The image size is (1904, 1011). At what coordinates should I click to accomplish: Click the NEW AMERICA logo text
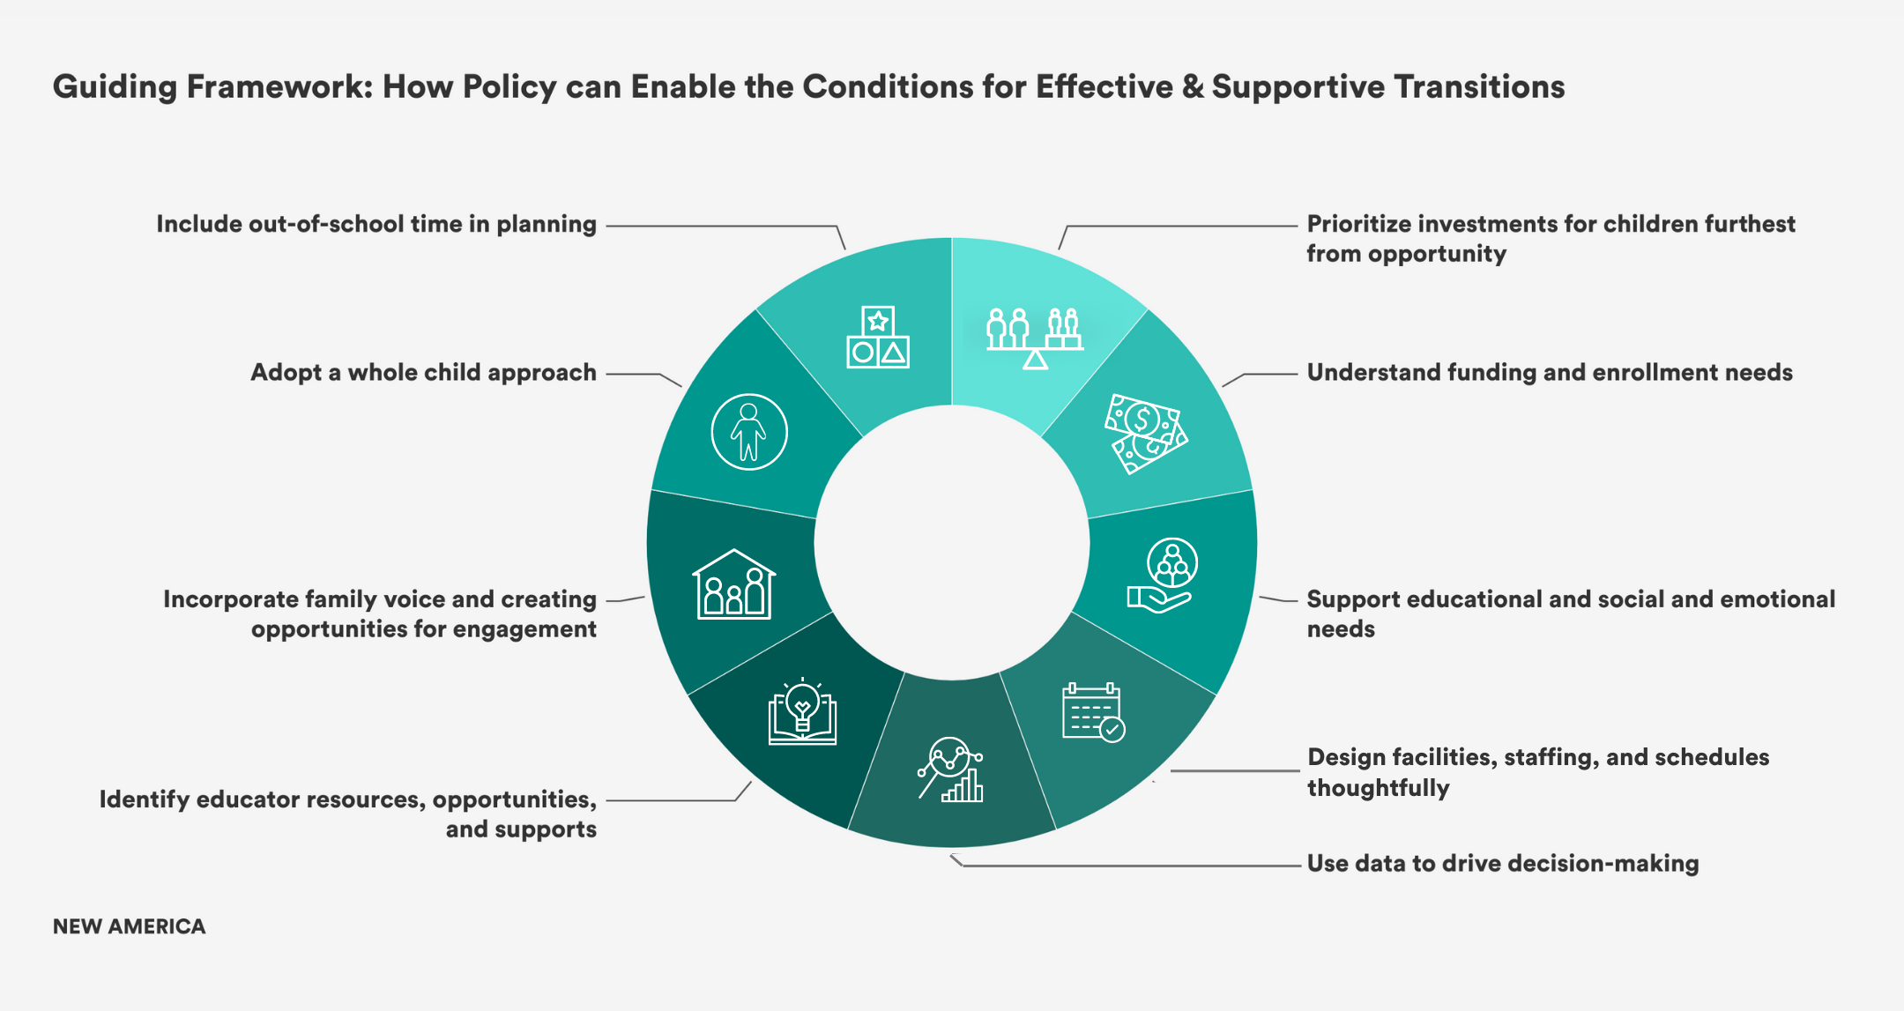pyautogui.click(x=129, y=926)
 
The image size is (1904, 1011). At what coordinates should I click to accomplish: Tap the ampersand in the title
pyautogui.click(x=1192, y=86)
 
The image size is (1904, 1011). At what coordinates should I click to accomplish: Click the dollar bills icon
pyautogui.click(x=1145, y=434)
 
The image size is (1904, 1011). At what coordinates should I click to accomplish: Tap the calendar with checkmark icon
pyautogui.click(x=1093, y=712)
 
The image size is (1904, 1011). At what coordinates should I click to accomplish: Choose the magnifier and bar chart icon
pyautogui.click(x=950, y=769)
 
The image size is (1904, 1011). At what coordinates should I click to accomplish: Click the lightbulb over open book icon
pyautogui.click(x=802, y=711)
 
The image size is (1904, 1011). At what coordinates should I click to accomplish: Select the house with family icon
pyautogui.click(x=733, y=585)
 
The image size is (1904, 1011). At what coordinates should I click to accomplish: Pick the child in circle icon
pyautogui.click(x=749, y=432)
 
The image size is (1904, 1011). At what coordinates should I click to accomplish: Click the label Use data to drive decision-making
pyautogui.click(x=1502, y=863)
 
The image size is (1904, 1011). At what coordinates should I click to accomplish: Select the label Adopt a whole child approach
pyautogui.click(x=423, y=373)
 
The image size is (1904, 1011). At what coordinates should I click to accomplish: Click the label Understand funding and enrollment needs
pyautogui.click(x=1549, y=373)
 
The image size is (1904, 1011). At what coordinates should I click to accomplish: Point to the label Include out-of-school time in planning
pyautogui.click(x=376, y=225)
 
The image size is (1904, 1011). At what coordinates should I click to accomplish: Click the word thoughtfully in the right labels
pyautogui.click(x=1378, y=787)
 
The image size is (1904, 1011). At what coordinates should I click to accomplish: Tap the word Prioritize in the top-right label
pyautogui.click(x=1358, y=225)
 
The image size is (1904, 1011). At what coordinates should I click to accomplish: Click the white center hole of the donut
pyautogui.click(x=952, y=542)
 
